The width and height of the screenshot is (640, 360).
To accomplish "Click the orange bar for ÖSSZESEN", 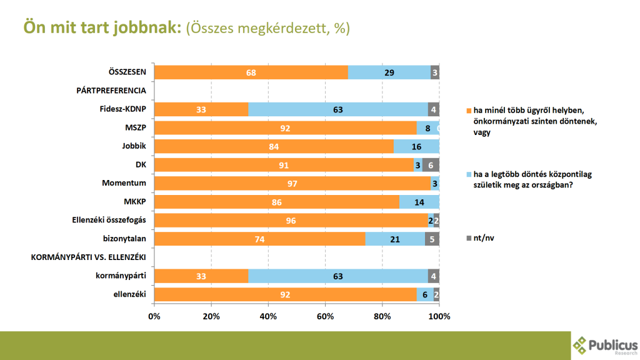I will [251, 72].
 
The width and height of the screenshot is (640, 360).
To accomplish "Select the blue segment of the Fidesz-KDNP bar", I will [338, 110].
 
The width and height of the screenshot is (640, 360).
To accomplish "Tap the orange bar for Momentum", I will [292, 184].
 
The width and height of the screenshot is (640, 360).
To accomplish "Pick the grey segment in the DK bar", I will [431, 165].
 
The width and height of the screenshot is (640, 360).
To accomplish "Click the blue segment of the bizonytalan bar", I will [394, 239].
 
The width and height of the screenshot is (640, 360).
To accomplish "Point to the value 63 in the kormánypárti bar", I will [338, 276].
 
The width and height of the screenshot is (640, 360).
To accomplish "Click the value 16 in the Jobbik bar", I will [416, 147].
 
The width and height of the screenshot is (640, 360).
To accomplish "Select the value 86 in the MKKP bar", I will [277, 202].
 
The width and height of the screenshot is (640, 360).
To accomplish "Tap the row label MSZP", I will [136, 128].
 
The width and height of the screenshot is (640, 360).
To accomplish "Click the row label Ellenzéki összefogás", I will [109, 220].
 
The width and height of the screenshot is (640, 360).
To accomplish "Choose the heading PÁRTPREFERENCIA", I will [111, 91].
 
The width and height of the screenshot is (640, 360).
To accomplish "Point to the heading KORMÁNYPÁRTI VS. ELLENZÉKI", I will [88, 257].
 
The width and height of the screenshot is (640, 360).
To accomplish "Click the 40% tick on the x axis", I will [268, 316].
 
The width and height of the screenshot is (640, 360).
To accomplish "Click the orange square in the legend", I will [469, 110].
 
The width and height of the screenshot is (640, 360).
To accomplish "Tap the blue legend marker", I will [469, 174].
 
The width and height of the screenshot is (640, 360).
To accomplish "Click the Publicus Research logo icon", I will [581, 344].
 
